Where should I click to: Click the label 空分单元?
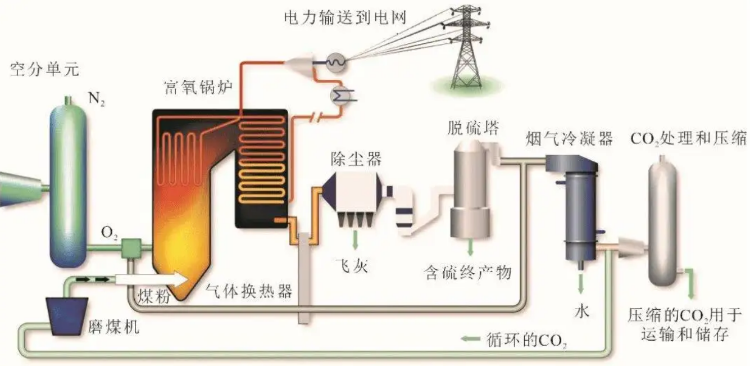45,70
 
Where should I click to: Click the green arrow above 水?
581,281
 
